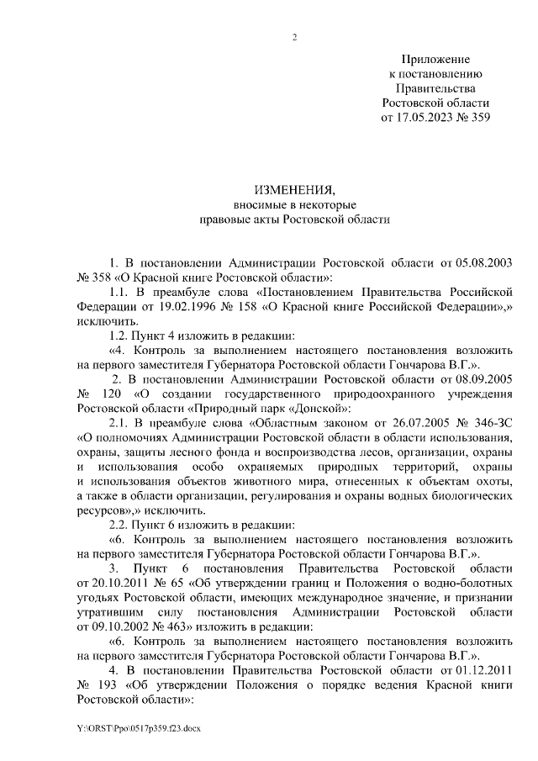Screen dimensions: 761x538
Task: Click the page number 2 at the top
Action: tap(295, 36)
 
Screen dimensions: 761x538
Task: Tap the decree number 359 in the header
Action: tap(477, 116)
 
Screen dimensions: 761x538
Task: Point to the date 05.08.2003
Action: tap(483, 262)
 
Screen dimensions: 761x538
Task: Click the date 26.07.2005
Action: tap(393, 421)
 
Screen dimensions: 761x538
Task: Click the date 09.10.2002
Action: tap(108, 626)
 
